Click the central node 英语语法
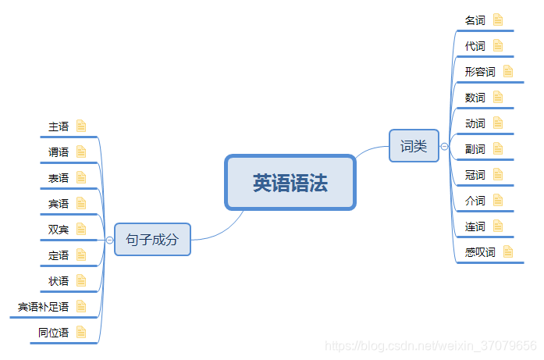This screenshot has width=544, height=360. point(290,183)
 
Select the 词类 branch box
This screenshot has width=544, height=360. point(414,146)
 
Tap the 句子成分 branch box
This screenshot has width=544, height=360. point(152,239)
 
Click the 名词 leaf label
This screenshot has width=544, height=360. point(475,20)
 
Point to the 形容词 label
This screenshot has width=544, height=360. point(480,72)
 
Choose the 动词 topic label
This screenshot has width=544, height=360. point(475,123)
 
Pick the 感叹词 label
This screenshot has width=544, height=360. point(480,252)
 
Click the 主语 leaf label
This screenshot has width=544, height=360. point(59,126)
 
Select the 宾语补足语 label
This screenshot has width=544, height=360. point(44,307)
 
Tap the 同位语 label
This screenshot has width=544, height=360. point(53,333)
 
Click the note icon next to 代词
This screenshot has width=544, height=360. point(498,46)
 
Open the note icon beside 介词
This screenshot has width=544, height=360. point(498,201)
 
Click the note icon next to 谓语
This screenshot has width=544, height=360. point(81,151)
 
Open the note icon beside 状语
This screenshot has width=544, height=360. point(81,280)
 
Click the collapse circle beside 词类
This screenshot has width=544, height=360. point(444,146)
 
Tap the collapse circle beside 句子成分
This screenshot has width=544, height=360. point(109,239)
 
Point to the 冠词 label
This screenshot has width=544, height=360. point(475,175)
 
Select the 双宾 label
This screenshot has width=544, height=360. point(59,229)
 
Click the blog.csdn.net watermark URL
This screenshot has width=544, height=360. point(430,345)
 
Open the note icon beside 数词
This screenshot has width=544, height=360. point(498,98)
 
